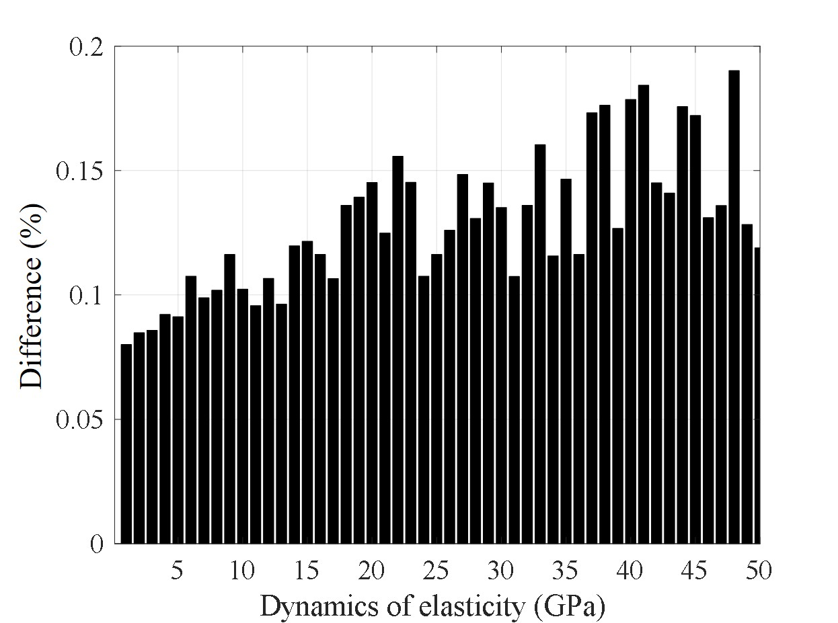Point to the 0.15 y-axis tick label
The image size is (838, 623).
point(80,171)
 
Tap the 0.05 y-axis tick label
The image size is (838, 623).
point(80,419)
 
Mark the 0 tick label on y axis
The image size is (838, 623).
point(97,544)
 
